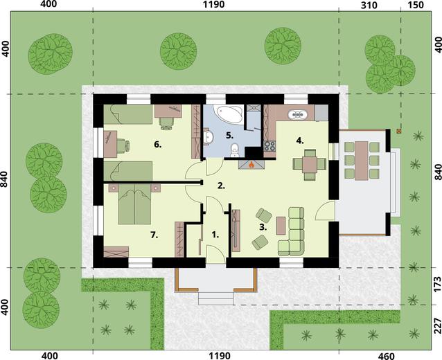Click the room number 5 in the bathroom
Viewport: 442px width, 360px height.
[x=230, y=136]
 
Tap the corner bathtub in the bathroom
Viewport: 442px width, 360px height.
[x=229, y=114]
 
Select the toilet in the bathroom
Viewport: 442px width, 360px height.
[x=234, y=150]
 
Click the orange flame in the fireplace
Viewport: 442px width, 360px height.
[x=251, y=164]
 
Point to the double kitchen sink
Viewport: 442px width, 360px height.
[x=297, y=114]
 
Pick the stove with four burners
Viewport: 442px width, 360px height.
[x=269, y=145]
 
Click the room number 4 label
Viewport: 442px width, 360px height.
[x=300, y=141]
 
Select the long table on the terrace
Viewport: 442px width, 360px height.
[x=362, y=161]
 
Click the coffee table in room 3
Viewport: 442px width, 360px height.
[x=281, y=226]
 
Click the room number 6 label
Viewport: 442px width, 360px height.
[x=158, y=145]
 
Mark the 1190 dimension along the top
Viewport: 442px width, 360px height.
[x=214, y=5]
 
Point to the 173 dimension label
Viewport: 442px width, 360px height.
[x=437, y=285]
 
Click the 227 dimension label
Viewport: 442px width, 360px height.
[x=437, y=326]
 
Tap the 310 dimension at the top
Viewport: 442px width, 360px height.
[x=369, y=6]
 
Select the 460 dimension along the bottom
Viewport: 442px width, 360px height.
[x=386, y=355]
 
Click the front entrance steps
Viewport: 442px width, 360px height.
[x=216, y=298]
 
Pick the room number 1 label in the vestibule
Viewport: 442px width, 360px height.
[x=215, y=235]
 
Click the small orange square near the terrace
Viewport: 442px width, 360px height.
[x=399, y=131]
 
